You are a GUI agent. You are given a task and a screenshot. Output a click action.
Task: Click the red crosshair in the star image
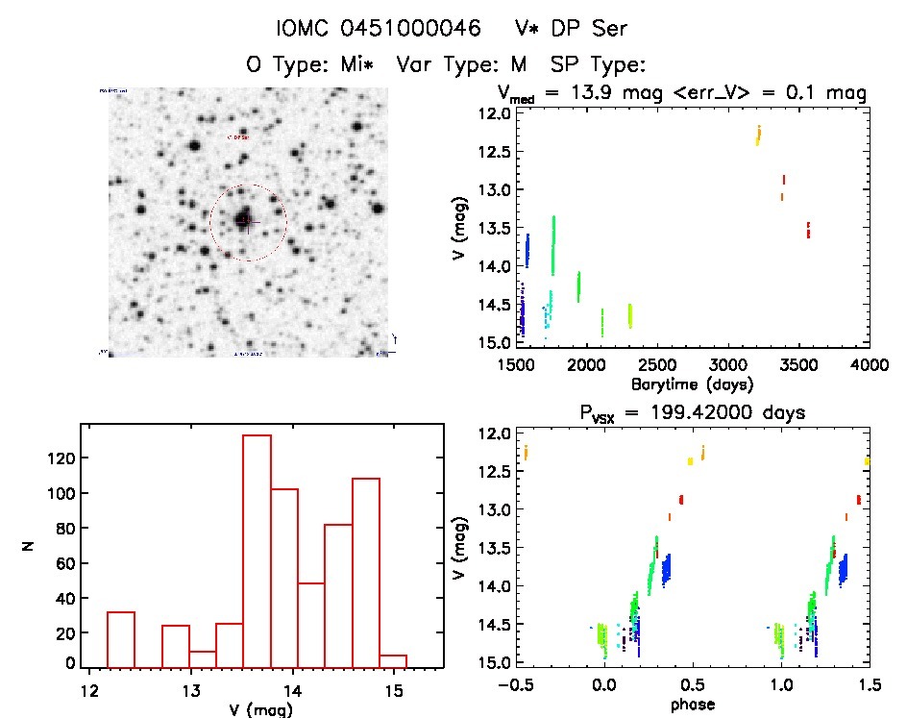tap(248, 222)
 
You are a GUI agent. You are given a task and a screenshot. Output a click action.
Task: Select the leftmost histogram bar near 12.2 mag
tap(121, 638)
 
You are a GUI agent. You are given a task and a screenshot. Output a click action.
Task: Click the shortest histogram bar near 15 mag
tap(393, 660)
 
